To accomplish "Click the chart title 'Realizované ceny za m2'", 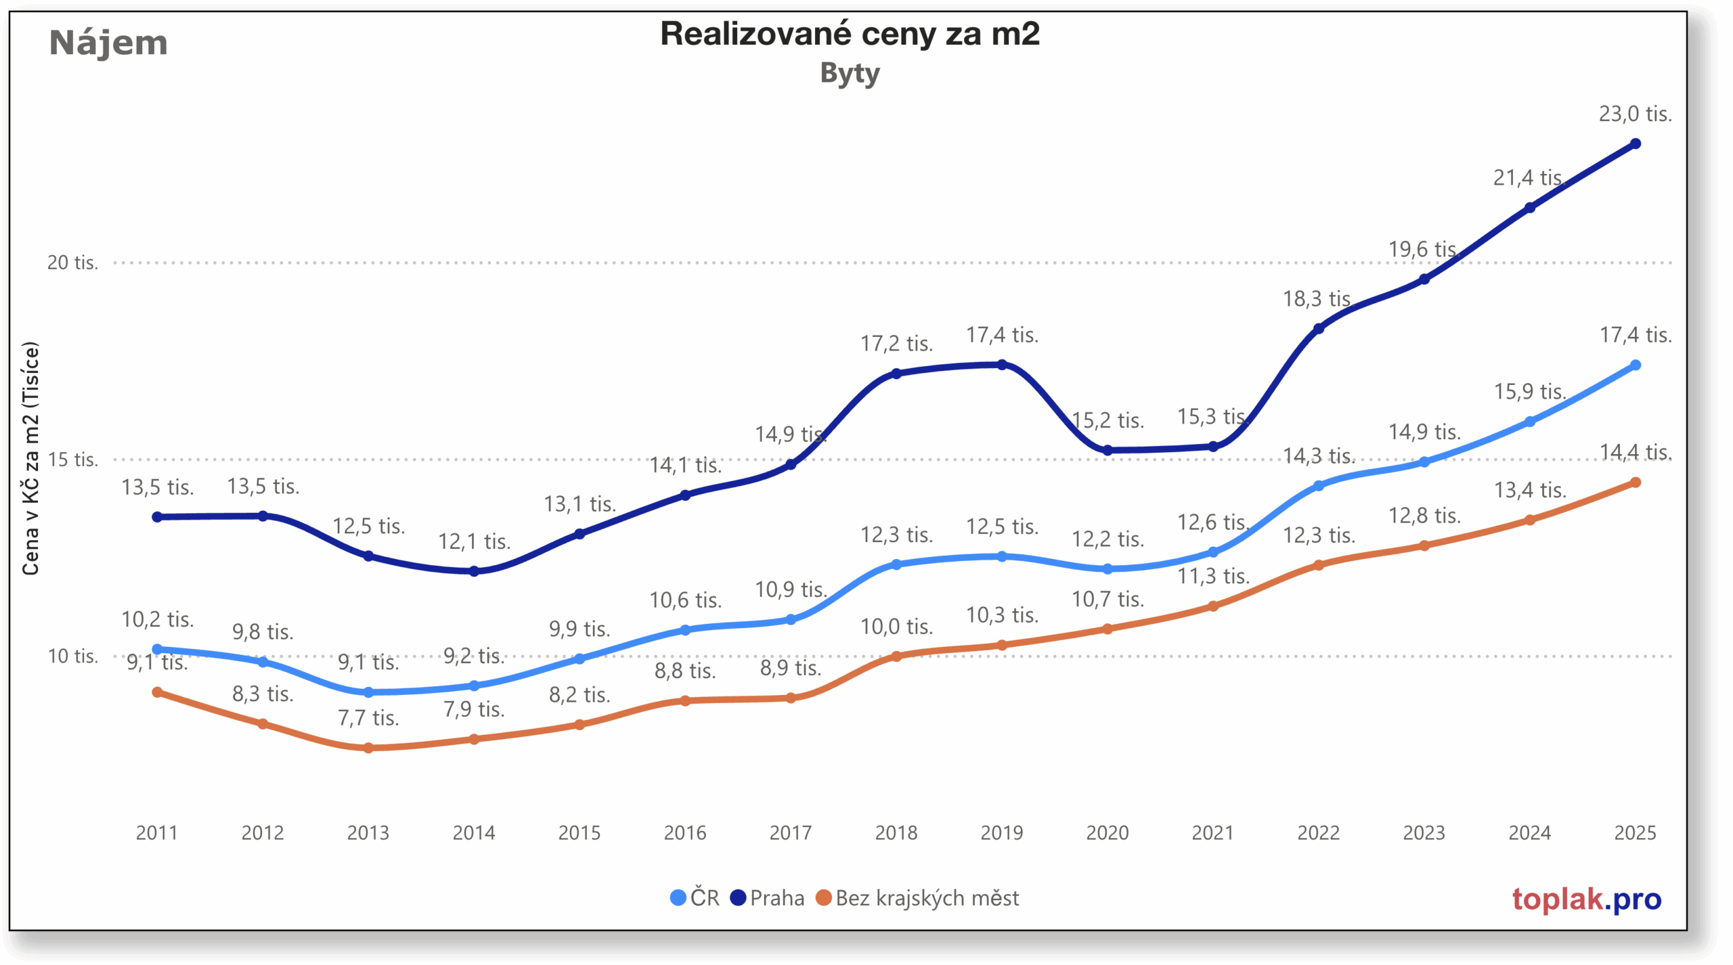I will tap(850, 34).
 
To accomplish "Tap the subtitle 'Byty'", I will tap(850, 73).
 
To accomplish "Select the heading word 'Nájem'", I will tap(108, 43).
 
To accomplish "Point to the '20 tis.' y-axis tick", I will tap(72, 263).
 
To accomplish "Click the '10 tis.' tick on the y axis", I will tap(72, 656).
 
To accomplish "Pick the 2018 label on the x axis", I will tap(896, 832).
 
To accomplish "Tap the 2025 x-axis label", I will tap(1635, 832).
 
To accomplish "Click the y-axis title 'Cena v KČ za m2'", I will tap(30, 458).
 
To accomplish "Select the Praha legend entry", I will tap(768, 898).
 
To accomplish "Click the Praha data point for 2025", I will tap(1636, 143).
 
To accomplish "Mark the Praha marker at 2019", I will tap(1002, 365).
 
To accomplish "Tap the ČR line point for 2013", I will tap(368, 692).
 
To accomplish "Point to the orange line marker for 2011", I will tap(157, 692).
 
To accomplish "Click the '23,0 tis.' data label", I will tap(1635, 114).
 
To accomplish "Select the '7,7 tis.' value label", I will tap(368, 717).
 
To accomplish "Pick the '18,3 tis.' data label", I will tap(1317, 298).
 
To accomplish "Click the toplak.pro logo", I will tap(1586, 899).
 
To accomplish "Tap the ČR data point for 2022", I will tap(1319, 486).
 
